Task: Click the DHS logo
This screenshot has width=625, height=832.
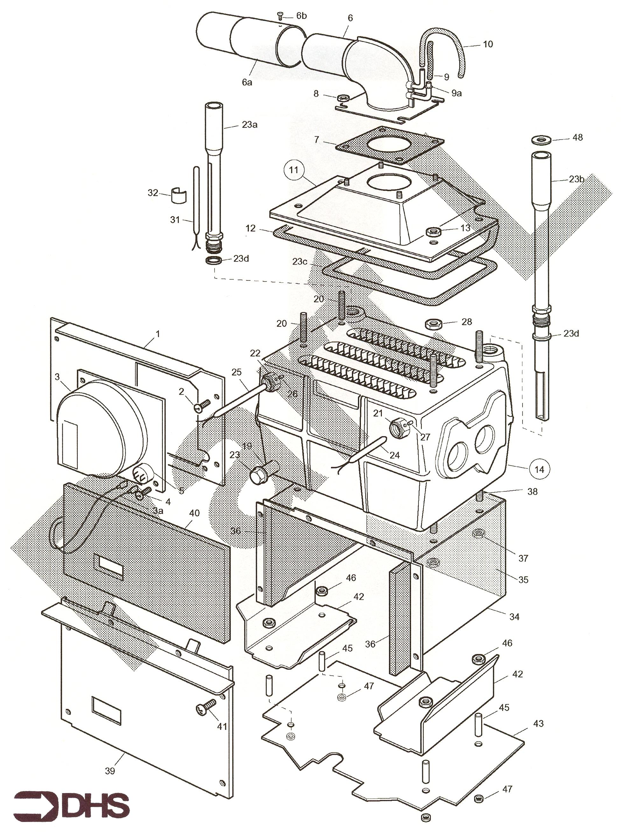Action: tap(72, 807)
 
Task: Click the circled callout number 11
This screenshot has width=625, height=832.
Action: tap(293, 170)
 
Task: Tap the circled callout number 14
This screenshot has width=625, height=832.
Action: tap(539, 469)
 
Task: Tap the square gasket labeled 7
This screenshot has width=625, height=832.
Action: tap(390, 145)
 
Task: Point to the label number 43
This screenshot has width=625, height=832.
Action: tap(538, 723)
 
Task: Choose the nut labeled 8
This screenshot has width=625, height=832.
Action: tap(342, 98)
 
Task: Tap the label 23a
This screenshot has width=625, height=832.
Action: tap(249, 124)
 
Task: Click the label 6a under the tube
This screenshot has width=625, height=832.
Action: tap(247, 82)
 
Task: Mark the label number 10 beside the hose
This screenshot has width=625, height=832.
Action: tap(488, 44)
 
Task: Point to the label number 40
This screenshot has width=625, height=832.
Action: tap(194, 513)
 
